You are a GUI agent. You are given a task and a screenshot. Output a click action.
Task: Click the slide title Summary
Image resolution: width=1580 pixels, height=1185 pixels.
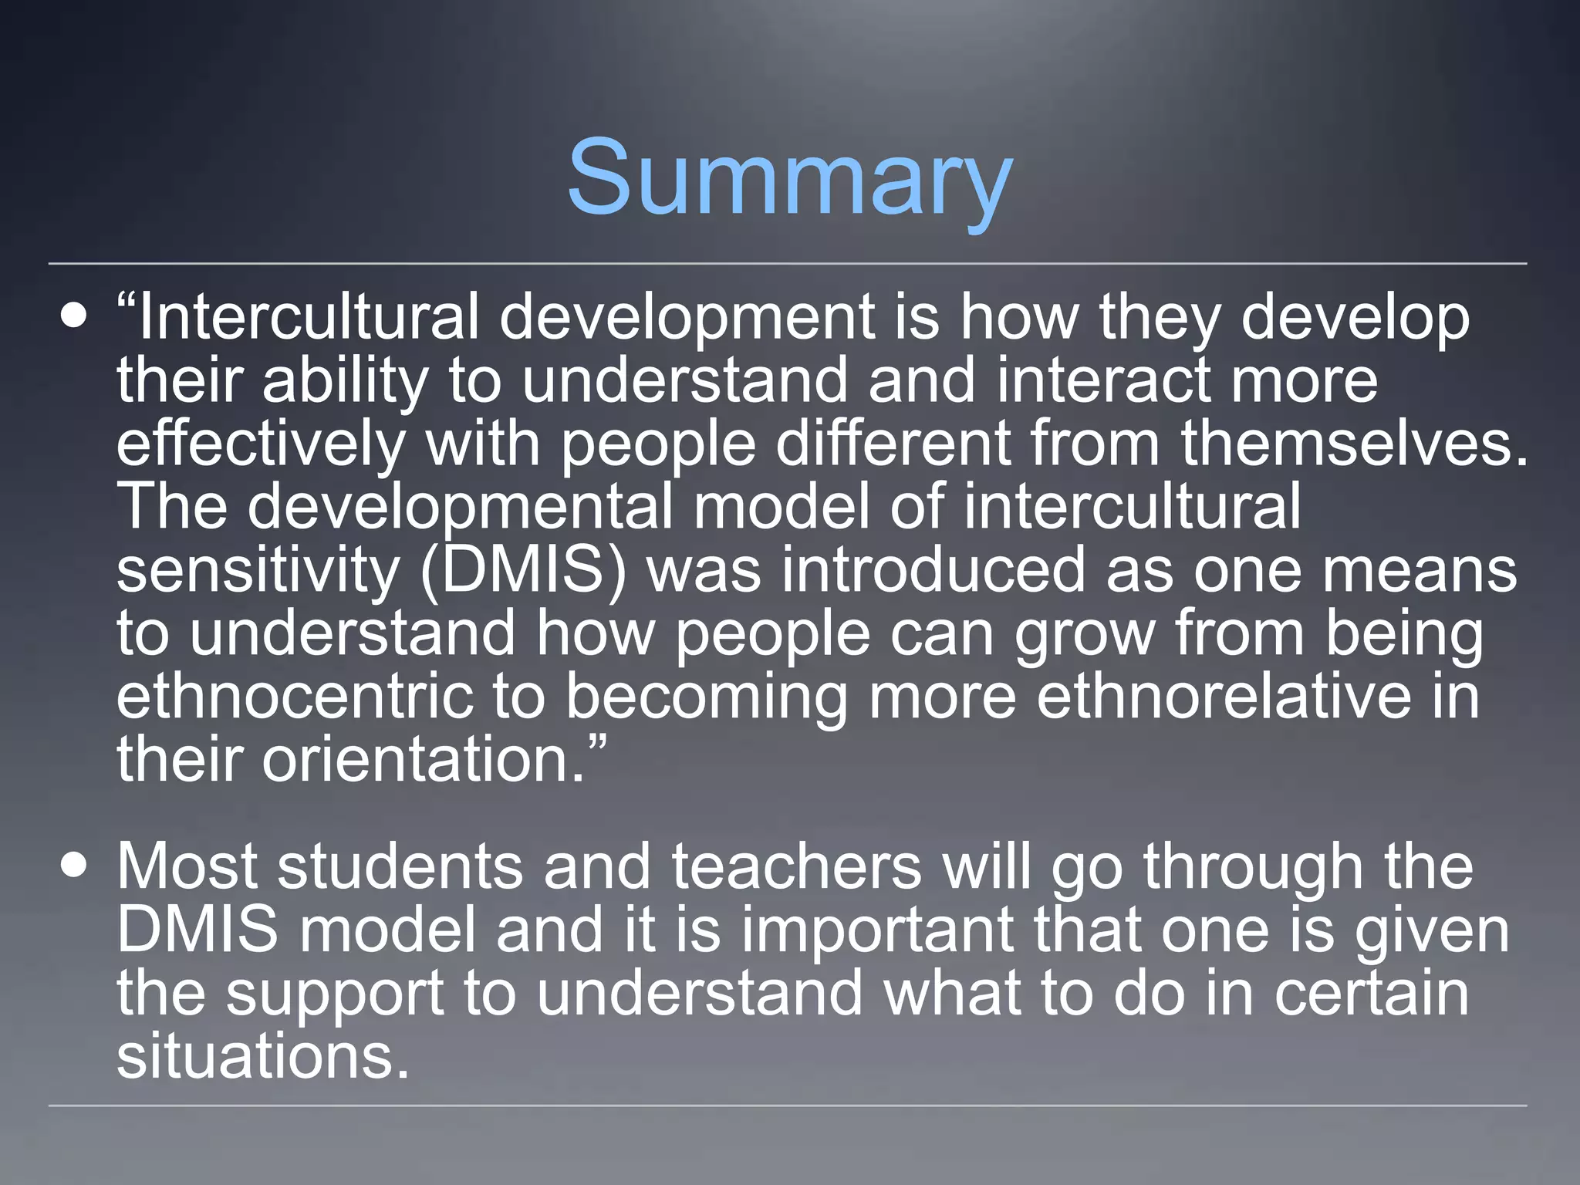pos(789,179)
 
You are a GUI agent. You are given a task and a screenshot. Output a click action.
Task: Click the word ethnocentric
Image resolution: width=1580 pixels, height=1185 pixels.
pos(294,696)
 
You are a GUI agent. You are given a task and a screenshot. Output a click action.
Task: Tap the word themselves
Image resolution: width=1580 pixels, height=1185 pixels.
pos(1353,443)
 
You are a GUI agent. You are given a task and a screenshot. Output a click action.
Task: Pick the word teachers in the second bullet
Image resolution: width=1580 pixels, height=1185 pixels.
pos(796,866)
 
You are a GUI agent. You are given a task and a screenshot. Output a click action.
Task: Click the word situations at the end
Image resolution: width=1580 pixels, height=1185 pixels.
pos(262,1056)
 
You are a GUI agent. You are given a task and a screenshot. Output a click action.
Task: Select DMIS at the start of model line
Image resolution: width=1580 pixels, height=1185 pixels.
pos(197,930)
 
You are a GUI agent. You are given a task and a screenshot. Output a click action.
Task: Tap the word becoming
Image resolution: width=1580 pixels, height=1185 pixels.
pos(706,697)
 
